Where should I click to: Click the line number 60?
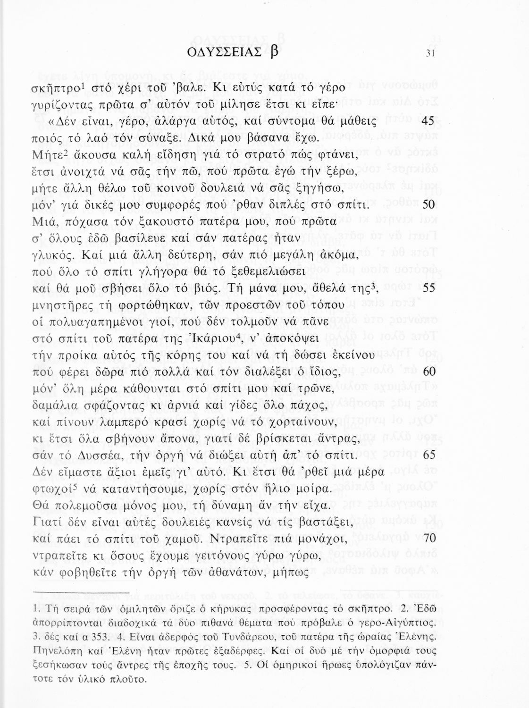tap(429, 371)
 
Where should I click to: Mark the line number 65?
tap(428, 455)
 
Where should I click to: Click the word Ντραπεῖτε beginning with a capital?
tap(248, 539)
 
